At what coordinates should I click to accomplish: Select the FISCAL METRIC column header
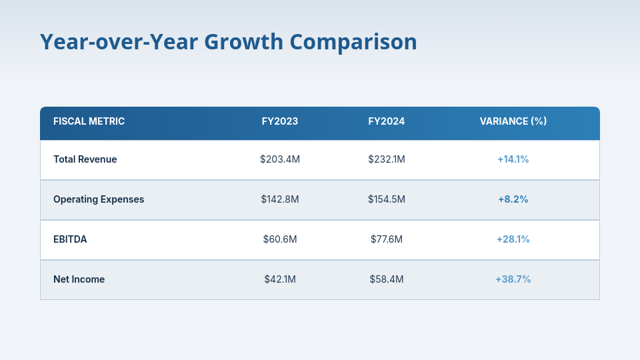pyautogui.click(x=89, y=121)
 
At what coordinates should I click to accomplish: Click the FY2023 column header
pyautogui.click(x=280, y=121)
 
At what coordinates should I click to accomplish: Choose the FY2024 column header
pyautogui.click(x=387, y=121)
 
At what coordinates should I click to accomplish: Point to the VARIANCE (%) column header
pyautogui.click(x=513, y=121)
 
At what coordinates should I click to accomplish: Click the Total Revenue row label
pyautogui.click(x=85, y=159)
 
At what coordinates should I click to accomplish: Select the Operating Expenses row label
pyautogui.click(x=99, y=199)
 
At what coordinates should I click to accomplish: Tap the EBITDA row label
pyautogui.click(x=70, y=239)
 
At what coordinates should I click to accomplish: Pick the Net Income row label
pyautogui.click(x=79, y=279)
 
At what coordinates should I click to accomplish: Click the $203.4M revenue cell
pyautogui.click(x=280, y=159)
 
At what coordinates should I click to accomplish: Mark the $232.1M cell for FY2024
pyautogui.click(x=387, y=159)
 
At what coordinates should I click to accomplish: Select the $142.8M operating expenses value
pyautogui.click(x=280, y=199)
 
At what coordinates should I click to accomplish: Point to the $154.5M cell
pyautogui.click(x=387, y=199)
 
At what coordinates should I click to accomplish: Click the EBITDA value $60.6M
pyautogui.click(x=280, y=239)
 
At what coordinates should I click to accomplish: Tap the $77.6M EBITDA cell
pyautogui.click(x=387, y=239)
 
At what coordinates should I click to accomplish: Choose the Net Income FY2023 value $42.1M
pyautogui.click(x=280, y=279)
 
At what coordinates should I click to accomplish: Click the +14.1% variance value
pyautogui.click(x=513, y=159)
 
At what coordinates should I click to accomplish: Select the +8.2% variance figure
pyautogui.click(x=513, y=199)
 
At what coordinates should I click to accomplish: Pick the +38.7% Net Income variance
pyautogui.click(x=513, y=279)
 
